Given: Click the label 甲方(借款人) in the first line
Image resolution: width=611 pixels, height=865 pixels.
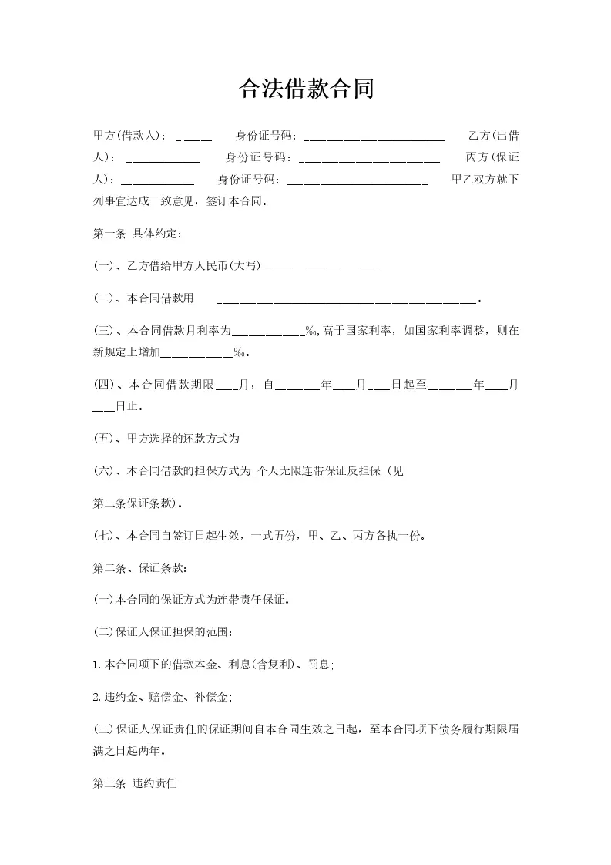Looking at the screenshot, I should click(128, 136).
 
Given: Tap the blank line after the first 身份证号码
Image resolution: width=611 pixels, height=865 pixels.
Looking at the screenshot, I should click(374, 139).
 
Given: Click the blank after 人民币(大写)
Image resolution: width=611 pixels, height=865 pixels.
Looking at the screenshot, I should click(321, 269).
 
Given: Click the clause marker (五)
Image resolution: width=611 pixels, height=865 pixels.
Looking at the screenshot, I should click(102, 439).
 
